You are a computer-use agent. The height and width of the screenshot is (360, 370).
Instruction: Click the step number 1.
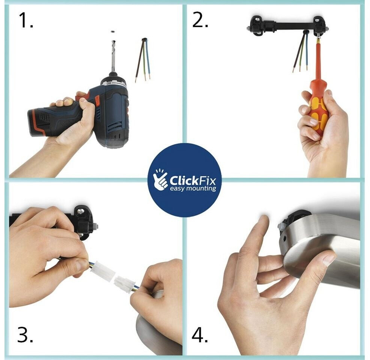pyautogui.click(x=26, y=20)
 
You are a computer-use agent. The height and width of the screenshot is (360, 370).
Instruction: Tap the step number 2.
pyautogui.click(x=200, y=20)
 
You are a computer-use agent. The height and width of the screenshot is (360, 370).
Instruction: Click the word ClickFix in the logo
pyautogui.click(x=193, y=181)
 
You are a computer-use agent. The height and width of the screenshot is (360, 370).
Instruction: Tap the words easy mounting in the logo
pyautogui.click(x=193, y=189)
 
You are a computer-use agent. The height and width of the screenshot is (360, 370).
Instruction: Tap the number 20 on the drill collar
pyautogui.click(x=108, y=83)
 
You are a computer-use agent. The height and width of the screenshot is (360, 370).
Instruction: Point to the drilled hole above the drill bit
pyautogui.click(x=113, y=31)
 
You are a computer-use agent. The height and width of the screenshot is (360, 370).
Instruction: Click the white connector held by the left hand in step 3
pyautogui.click(x=103, y=273)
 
